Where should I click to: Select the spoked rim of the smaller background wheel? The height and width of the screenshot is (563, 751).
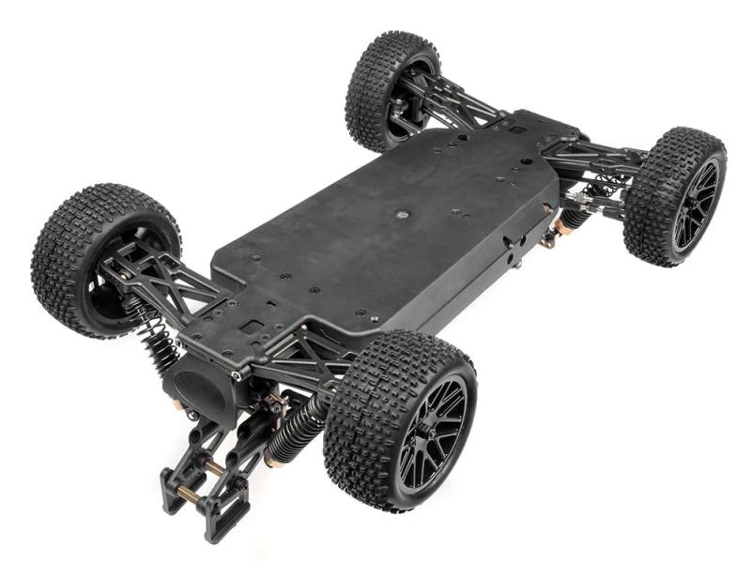tap(694, 204)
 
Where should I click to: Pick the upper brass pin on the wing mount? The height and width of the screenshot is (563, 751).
tap(214, 466)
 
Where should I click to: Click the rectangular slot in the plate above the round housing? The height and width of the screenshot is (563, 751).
tap(251, 327)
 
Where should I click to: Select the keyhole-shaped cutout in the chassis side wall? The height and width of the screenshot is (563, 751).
tap(511, 246)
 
